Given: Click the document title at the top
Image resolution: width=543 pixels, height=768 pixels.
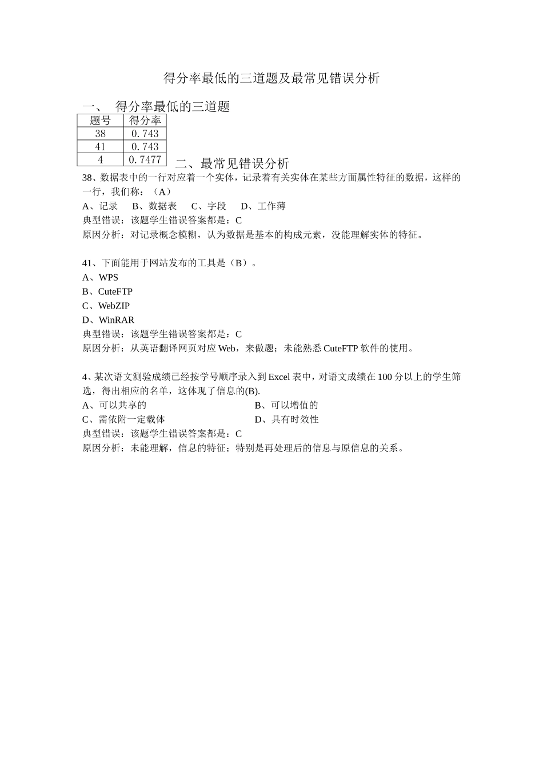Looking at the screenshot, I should (x=271, y=78).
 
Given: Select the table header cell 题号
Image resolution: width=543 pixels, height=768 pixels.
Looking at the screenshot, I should (x=101, y=121).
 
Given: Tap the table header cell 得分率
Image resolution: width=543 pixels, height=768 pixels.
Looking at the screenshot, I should (x=145, y=121).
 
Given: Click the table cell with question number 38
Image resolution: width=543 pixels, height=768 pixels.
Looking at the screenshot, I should (x=101, y=134).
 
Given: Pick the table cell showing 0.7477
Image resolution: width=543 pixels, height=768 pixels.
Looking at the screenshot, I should (x=145, y=160).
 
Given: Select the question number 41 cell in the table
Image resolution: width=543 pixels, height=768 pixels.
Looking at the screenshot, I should (x=101, y=147).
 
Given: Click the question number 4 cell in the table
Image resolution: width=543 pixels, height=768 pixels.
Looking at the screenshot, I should (x=101, y=160).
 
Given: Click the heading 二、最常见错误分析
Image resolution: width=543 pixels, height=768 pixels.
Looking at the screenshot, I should (x=232, y=163).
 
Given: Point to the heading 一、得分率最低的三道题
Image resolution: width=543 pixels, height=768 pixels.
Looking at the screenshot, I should (x=156, y=106).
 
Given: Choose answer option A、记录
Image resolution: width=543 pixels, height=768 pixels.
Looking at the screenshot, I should (x=100, y=206).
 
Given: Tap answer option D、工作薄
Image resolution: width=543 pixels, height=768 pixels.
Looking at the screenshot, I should (x=263, y=206).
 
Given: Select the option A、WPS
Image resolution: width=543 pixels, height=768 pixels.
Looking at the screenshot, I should (x=101, y=278).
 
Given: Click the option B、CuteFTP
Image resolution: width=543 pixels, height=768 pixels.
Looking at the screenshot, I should (x=107, y=292).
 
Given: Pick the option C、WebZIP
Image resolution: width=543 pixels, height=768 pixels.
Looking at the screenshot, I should (x=106, y=306).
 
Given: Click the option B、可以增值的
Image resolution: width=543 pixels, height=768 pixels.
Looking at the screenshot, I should (x=286, y=406).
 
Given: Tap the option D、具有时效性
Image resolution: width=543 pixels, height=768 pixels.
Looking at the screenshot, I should (x=286, y=419).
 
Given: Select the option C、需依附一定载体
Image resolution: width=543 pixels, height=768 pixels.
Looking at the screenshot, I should (x=123, y=419).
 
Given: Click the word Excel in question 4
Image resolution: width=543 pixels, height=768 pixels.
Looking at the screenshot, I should (x=280, y=377).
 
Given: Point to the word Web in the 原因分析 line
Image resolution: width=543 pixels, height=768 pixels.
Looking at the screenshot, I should (x=227, y=349).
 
